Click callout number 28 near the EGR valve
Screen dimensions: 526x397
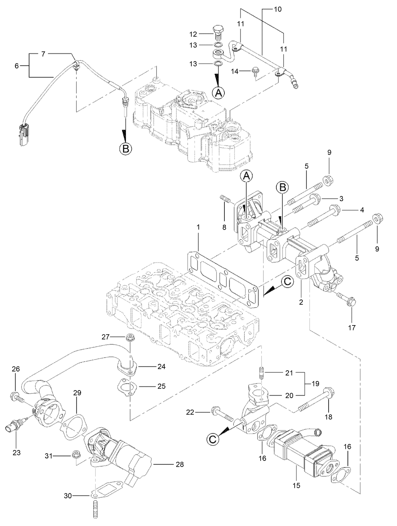pyautogui.click(x=180, y=464)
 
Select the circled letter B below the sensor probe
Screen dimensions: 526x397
pyautogui.click(x=125, y=149)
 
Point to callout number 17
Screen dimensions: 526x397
pyautogui.click(x=352, y=328)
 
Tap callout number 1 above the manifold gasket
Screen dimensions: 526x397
pyautogui.click(x=198, y=227)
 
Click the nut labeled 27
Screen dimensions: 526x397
pyautogui.click(x=130, y=337)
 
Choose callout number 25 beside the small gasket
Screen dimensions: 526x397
pyautogui.click(x=162, y=386)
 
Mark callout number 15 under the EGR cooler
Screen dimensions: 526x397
pyautogui.click(x=296, y=485)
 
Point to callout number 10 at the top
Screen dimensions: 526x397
pyautogui.click(x=278, y=9)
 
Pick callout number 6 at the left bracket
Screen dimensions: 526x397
pyautogui.click(x=17, y=66)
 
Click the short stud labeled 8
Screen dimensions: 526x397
pyautogui.click(x=225, y=200)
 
